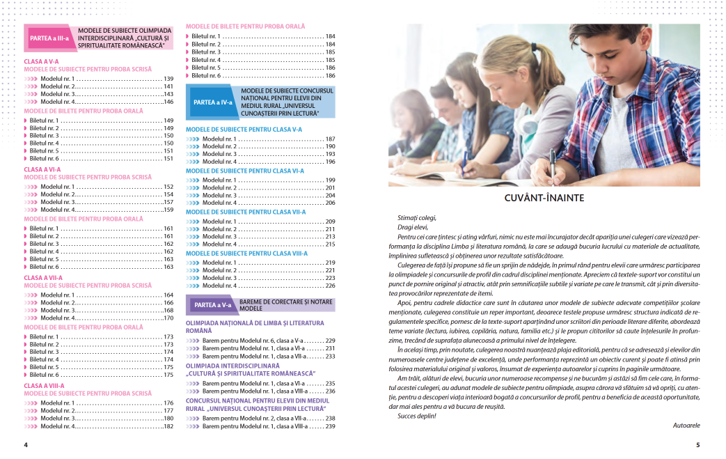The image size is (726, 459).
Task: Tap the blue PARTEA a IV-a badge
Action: (212, 102)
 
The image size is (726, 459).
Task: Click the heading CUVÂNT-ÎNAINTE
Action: (544, 199)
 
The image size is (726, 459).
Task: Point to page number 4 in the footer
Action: (26, 444)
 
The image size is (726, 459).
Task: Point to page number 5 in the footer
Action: (697, 444)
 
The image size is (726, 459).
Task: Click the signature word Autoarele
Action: (686, 424)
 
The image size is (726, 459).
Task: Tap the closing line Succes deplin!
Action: (417, 416)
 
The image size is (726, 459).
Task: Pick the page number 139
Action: (168, 79)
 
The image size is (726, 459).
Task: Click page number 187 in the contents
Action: (330, 139)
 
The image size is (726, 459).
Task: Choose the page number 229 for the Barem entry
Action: (330, 340)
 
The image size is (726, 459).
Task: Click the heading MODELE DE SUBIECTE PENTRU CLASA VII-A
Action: (246, 212)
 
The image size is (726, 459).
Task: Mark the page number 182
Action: (168, 426)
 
